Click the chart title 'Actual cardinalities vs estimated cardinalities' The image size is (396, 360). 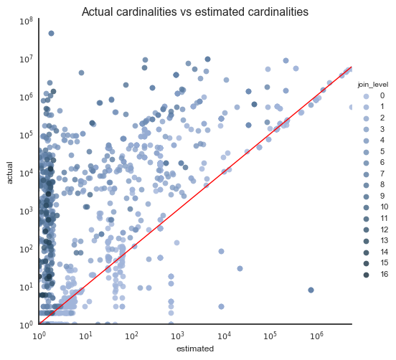pos(195,12)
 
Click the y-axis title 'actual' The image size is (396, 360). pos(11,172)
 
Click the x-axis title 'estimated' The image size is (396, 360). pos(195,349)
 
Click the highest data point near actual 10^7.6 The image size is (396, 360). pos(51,33)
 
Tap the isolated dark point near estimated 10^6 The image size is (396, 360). pos(311,290)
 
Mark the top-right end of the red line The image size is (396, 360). pos(352,66)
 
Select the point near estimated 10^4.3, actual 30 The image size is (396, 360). pos(240,269)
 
